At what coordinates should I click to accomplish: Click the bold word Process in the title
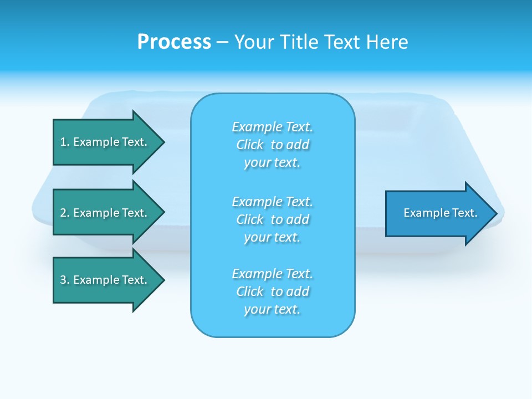pos(174,42)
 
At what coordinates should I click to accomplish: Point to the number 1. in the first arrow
pos(65,142)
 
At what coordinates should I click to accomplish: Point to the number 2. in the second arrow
pos(65,213)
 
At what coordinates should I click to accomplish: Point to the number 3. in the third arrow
pos(65,280)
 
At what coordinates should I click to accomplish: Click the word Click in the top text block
pos(250,145)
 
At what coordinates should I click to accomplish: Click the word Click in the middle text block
pos(250,220)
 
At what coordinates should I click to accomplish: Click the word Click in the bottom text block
pos(250,292)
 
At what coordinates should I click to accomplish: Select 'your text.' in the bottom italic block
pos(272,310)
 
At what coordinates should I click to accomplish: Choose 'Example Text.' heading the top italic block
pos(272,127)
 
